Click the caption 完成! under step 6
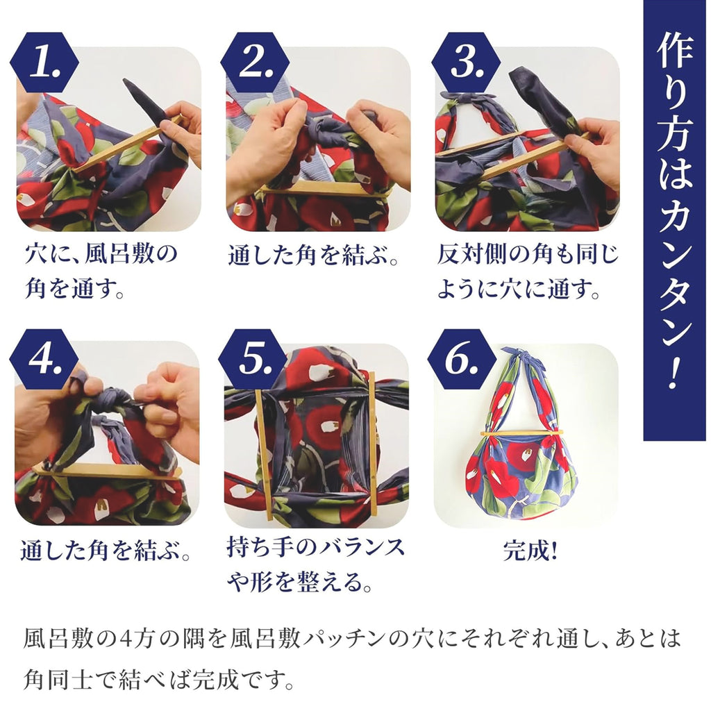pos(530,552)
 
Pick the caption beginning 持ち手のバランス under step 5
pos(316,564)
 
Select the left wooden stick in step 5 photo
pos(264,455)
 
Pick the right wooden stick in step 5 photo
pos(373,444)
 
